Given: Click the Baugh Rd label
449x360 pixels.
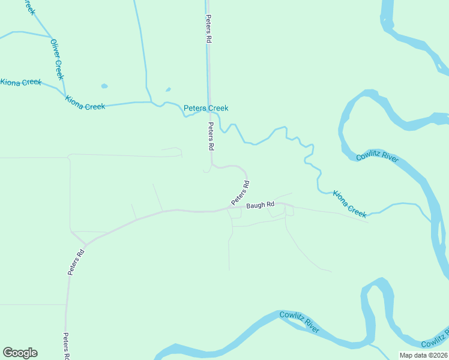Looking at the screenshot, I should click(x=259, y=205).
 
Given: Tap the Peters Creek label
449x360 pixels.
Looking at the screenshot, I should click(x=206, y=108).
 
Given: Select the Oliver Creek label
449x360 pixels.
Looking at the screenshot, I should click(x=57, y=59).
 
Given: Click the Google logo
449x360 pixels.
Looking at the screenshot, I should click(x=20, y=353).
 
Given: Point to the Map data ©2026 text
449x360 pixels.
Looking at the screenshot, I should click(x=424, y=355).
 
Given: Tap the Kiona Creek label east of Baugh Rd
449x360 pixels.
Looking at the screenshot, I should click(x=349, y=204).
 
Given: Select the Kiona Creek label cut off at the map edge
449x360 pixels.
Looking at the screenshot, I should click(x=19, y=82).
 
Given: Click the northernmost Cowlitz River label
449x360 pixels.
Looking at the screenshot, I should click(x=377, y=157).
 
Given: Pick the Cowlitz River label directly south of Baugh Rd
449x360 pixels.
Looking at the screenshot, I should click(x=299, y=322).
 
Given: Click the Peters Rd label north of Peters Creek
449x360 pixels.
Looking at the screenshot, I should click(x=209, y=28).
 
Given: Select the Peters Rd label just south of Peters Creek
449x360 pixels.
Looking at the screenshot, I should click(x=211, y=136).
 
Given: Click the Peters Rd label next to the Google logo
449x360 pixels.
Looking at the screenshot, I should click(x=67, y=346).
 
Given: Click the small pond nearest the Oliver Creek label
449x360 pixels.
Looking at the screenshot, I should click(x=104, y=86).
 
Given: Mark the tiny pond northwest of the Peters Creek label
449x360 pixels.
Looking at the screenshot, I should click(x=168, y=90).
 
